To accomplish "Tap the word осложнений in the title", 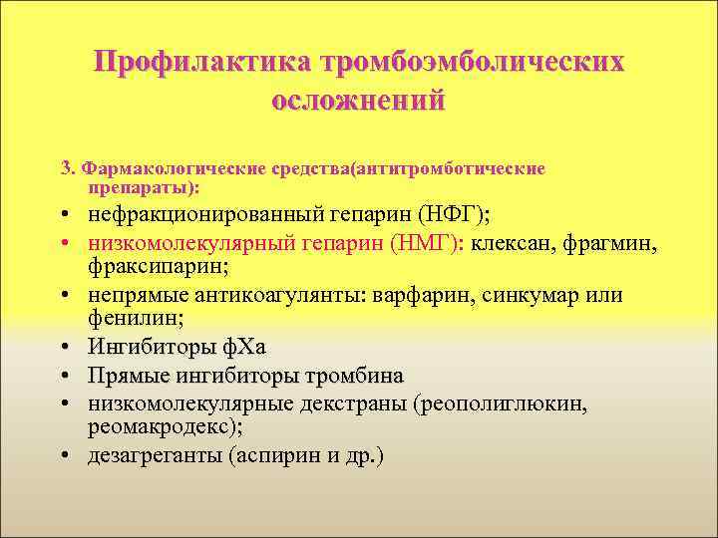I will [358, 101].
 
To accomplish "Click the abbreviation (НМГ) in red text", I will [426, 241].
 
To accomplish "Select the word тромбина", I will [357, 376].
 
